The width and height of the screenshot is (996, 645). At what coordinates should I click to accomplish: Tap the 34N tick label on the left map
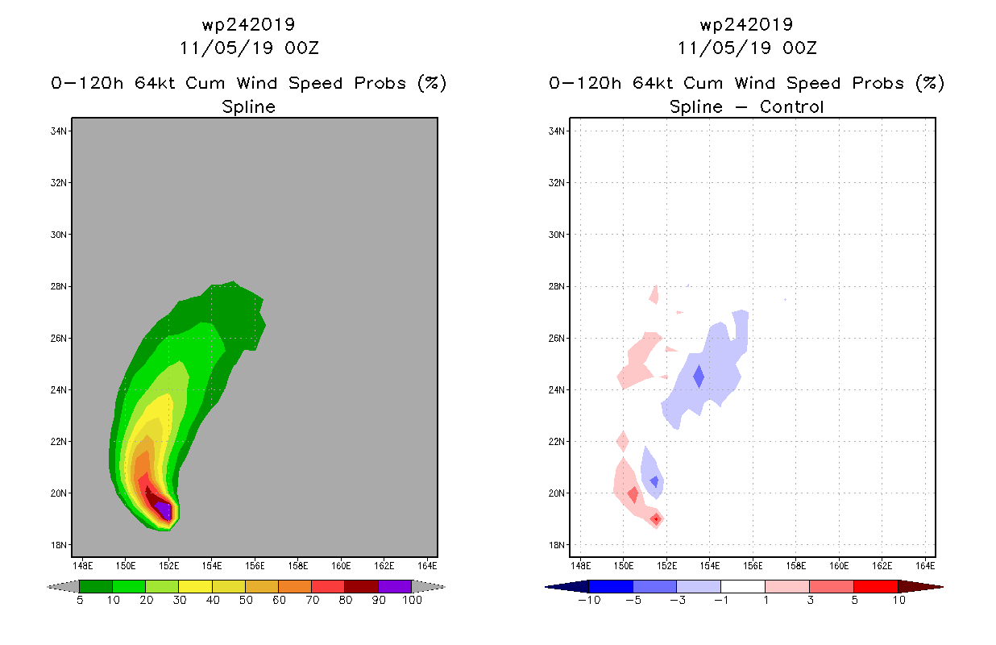(58, 131)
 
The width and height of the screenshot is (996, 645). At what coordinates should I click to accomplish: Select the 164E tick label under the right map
(925, 566)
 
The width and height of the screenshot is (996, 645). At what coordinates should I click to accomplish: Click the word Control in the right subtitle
(791, 106)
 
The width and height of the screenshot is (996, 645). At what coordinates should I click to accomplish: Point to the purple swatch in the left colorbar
(395, 586)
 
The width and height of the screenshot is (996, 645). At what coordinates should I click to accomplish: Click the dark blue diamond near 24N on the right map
(699, 377)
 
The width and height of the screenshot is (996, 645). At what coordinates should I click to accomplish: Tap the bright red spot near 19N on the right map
(656, 518)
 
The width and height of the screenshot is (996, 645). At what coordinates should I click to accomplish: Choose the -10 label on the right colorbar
(589, 601)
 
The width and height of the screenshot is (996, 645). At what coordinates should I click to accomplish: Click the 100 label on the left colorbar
(412, 601)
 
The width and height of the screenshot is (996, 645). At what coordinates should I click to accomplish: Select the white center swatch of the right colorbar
(742, 586)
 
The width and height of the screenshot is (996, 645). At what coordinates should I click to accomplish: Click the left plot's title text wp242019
(248, 24)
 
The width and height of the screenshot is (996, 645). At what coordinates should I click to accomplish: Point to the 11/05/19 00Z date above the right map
(747, 48)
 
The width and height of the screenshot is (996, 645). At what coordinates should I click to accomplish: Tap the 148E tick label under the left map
(83, 566)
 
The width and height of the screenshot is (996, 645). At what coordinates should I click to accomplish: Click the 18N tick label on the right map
(556, 545)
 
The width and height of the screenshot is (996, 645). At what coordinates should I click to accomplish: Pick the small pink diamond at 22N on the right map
(622, 441)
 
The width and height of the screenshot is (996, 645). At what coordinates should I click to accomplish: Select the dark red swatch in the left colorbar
(362, 586)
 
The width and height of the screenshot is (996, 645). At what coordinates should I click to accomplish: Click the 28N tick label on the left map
(58, 286)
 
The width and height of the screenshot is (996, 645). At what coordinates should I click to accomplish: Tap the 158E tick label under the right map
(795, 566)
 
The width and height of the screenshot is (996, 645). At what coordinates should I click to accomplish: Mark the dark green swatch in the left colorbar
(96, 586)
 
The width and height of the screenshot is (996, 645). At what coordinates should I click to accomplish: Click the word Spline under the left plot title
(248, 106)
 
